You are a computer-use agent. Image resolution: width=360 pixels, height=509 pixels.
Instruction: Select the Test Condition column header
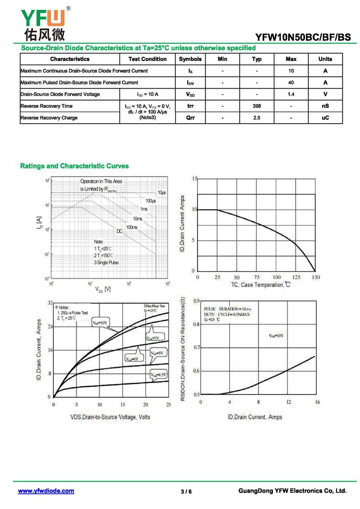[x=147, y=59]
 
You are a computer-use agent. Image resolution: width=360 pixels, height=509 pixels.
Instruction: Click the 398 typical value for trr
[x=256, y=106]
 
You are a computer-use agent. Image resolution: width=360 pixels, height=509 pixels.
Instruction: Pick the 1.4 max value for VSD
[x=291, y=95]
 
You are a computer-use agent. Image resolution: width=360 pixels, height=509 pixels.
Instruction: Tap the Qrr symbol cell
[x=190, y=118]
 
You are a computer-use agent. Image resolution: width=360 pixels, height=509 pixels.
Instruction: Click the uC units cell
[x=325, y=118]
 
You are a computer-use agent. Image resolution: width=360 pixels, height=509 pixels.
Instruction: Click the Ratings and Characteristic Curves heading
[x=74, y=166]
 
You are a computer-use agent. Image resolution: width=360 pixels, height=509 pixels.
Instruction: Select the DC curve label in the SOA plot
[x=120, y=231]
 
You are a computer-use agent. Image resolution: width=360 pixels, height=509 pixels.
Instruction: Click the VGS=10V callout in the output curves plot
[x=100, y=323]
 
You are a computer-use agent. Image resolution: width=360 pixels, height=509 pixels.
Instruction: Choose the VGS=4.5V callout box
[x=158, y=374]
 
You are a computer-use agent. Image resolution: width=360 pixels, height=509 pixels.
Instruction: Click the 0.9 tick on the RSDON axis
[x=196, y=301]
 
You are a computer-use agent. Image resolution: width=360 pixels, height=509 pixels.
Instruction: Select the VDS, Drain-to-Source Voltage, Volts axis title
[x=110, y=417]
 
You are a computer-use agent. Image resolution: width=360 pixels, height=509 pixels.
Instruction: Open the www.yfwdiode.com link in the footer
[x=46, y=491]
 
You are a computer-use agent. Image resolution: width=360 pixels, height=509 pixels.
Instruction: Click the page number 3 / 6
[x=186, y=491]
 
